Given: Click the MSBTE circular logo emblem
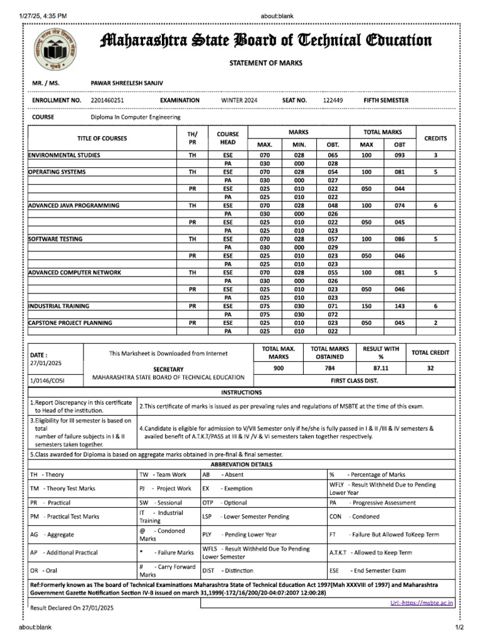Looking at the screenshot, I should [53, 48].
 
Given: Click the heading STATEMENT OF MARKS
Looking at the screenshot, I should [265, 63].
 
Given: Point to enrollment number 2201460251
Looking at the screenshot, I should [107, 100].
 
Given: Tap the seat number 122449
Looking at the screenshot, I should [333, 100].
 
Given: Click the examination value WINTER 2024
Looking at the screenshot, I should [239, 100].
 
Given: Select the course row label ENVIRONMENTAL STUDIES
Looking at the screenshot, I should [64, 155].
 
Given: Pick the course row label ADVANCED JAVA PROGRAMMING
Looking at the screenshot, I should [73, 205].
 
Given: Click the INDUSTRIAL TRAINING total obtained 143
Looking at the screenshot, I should [399, 306].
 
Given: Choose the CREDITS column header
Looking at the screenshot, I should [436, 138].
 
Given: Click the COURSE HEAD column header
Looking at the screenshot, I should [228, 138].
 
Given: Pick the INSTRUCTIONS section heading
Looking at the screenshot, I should [241, 392].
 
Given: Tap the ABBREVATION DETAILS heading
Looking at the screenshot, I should [241, 465].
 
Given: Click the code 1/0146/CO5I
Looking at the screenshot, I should [48, 380].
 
